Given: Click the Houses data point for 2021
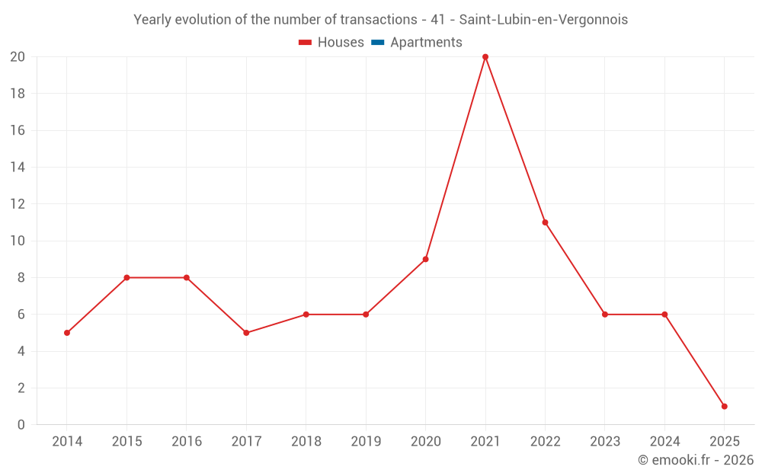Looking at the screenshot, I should [x=485, y=57].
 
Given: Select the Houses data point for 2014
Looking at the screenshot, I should [x=67, y=333].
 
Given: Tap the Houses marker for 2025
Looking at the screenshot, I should [x=724, y=407].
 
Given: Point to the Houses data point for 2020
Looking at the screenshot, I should [x=425, y=259].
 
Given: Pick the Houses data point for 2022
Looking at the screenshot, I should [x=545, y=222].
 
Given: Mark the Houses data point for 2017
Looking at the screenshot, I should [x=246, y=333].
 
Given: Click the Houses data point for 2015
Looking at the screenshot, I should [x=126, y=278].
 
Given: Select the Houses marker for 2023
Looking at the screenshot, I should [x=605, y=315].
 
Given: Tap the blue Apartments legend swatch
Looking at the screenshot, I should [x=377, y=43].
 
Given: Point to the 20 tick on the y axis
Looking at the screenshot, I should [x=18, y=57].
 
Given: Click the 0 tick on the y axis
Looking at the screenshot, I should [x=21, y=425].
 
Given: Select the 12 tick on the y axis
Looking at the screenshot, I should [x=18, y=204].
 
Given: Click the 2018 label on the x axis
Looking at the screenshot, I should [x=306, y=442].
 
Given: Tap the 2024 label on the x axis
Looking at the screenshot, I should [x=664, y=442].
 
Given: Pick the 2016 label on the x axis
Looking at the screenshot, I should [x=187, y=442].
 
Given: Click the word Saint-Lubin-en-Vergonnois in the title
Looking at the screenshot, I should [x=543, y=20].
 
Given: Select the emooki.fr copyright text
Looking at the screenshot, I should [x=696, y=460].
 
